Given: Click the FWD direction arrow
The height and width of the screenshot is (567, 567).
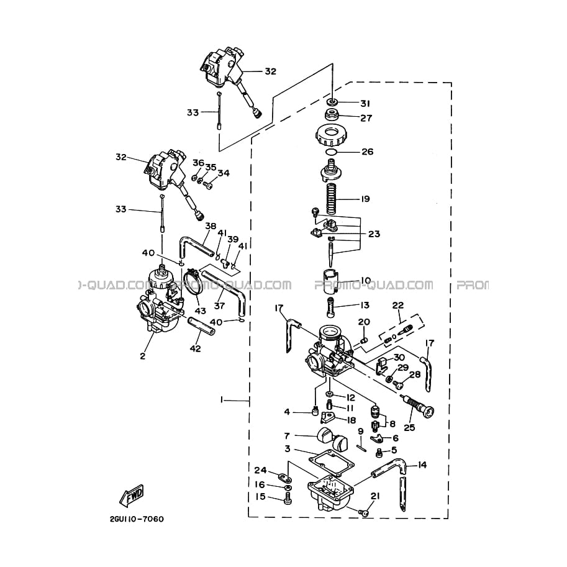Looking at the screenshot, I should [x=132, y=495].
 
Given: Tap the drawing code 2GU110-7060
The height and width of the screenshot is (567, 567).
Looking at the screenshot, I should [x=136, y=519].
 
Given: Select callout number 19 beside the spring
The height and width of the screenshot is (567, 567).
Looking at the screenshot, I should [x=365, y=199].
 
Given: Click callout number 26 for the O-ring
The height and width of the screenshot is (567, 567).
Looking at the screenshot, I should [x=368, y=152].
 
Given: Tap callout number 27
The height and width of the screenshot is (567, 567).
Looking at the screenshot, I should [x=366, y=117].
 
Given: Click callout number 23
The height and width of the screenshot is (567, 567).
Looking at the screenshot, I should [x=374, y=234].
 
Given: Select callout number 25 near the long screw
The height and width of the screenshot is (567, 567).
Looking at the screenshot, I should [x=409, y=427].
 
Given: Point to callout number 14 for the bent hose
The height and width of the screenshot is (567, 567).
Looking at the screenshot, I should [x=422, y=465].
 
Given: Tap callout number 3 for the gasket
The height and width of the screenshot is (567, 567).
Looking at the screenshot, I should [x=288, y=448].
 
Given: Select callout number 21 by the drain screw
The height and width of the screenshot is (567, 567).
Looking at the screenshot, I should [x=374, y=495].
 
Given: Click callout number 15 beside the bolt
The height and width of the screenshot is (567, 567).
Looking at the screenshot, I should [x=260, y=496].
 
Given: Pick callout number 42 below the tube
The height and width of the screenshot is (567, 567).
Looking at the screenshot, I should [x=195, y=348].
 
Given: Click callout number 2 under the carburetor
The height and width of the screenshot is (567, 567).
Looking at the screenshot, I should [x=142, y=356].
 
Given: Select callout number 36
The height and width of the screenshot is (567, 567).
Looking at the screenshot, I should [x=197, y=163].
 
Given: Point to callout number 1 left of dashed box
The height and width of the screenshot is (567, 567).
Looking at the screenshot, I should [x=221, y=401].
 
